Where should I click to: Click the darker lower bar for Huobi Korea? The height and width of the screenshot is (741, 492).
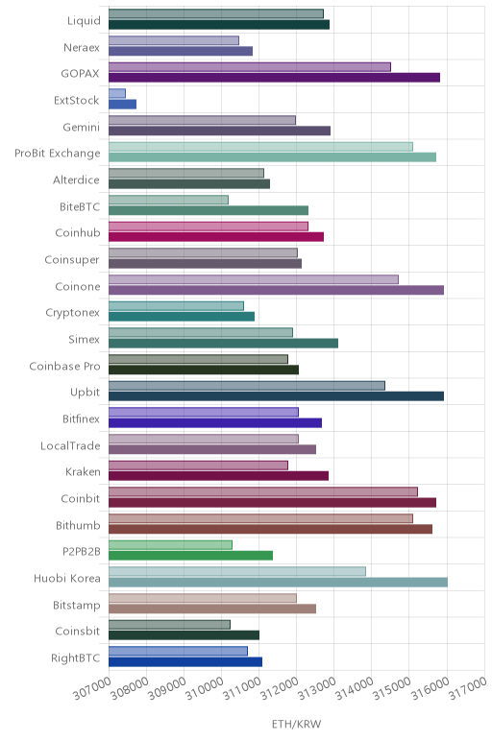278,583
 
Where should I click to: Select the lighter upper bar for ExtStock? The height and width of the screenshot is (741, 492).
117,93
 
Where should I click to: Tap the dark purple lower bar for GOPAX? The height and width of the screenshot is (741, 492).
275,78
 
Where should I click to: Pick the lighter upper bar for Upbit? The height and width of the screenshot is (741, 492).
247,386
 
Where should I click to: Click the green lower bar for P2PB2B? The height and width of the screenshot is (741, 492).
190,556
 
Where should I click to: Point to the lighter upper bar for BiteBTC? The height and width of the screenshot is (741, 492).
168,200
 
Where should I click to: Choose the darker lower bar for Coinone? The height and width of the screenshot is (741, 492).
277,290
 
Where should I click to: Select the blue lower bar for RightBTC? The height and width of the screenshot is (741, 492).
185,661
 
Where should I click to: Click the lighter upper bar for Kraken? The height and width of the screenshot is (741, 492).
198,466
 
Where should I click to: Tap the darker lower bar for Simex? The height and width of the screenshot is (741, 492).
223,343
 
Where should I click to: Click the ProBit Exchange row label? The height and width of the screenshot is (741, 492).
58,154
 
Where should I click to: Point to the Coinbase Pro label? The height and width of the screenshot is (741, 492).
64,367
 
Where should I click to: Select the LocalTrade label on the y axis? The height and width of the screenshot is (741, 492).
70,445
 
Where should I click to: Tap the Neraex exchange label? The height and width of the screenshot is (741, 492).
82,47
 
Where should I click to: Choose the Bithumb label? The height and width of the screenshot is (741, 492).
78,525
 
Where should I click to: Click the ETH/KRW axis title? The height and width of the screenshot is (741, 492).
297,724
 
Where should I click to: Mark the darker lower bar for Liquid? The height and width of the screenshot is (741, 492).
219,25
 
